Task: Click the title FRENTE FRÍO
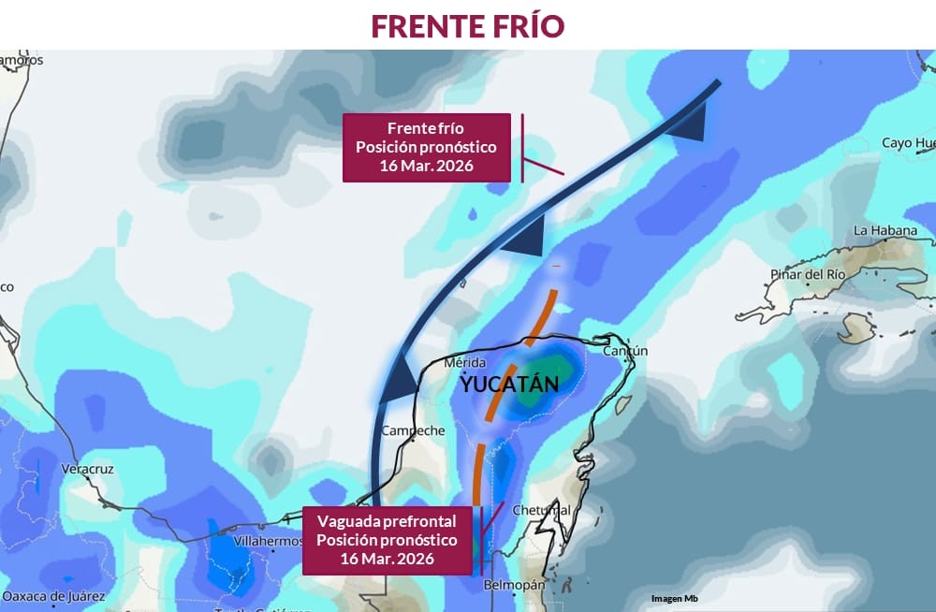click(468, 25)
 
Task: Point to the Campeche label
click(413, 430)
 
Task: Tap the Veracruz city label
click(87, 468)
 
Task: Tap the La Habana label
click(885, 230)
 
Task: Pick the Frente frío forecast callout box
click(426, 147)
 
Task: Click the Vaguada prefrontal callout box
click(387, 540)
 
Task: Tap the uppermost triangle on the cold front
click(689, 124)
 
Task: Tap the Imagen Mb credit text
click(675, 599)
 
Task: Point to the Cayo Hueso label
click(908, 143)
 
